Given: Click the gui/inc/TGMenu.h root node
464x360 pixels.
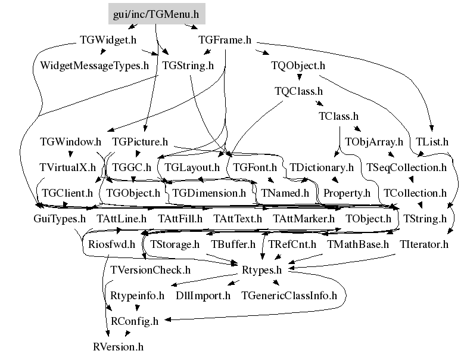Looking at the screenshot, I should click(156, 13).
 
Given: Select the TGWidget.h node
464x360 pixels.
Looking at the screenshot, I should click(108, 41).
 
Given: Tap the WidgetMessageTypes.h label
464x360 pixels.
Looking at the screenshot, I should click(94, 66).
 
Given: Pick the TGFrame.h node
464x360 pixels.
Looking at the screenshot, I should click(225, 41).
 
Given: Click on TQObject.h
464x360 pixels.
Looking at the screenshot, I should click(298, 66).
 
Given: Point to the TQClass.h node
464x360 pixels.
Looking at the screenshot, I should click(298, 91).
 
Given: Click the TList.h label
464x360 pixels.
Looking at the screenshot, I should click(432, 142).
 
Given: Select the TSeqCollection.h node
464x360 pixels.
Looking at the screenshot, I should click(406, 167).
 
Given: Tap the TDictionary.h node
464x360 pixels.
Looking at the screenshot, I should click(322, 167).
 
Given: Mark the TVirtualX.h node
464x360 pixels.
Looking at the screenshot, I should click(67, 167).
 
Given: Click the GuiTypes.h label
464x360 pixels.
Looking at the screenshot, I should click(60, 219).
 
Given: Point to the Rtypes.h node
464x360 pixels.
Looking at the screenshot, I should click(261, 269).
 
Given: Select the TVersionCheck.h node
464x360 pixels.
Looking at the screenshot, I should click(151, 269).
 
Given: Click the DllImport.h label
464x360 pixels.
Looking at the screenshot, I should click(203, 295).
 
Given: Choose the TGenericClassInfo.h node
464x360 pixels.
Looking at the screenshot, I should click(289, 295).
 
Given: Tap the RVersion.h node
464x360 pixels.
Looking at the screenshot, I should click(119, 346).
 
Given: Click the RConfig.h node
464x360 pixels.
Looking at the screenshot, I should click(135, 321).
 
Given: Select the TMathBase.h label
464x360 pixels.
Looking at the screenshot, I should click(358, 244).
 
